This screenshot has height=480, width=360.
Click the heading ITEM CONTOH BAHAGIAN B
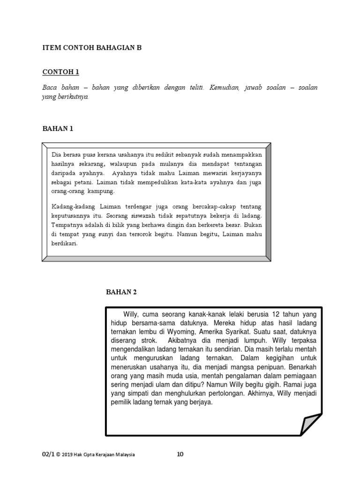(x=92, y=48)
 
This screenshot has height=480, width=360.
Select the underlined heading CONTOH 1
(x=61, y=72)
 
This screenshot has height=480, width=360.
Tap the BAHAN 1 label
(x=58, y=128)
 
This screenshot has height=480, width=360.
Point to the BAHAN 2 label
(x=121, y=292)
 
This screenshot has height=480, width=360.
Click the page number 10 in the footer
(x=180, y=454)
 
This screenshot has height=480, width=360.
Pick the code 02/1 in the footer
(x=49, y=454)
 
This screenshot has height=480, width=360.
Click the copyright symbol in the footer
(x=59, y=454)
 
